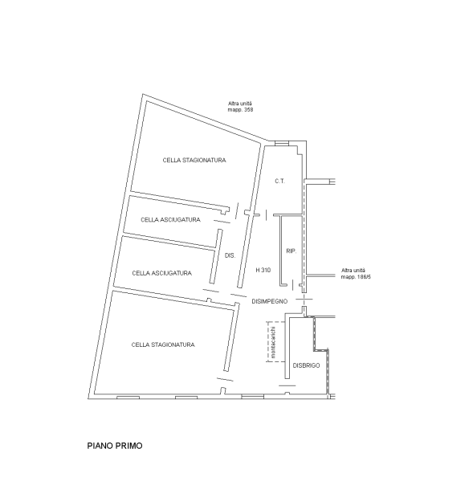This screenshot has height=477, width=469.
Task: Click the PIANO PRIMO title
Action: [x=115, y=446]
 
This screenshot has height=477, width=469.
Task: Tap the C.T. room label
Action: [x=279, y=181]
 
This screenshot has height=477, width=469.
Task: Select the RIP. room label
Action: [x=291, y=251]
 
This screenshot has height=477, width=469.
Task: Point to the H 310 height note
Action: [x=263, y=270]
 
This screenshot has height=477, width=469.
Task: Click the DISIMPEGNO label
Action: [x=270, y=301]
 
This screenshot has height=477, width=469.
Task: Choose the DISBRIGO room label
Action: [x=306, y=365]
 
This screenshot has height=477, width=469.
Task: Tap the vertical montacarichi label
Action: [x=273, y=342]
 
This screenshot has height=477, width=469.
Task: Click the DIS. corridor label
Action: [x=230, y=255]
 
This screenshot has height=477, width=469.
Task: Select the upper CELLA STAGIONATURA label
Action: [x=194, y=160]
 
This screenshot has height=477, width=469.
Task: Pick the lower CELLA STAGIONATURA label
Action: [x=163, y=344]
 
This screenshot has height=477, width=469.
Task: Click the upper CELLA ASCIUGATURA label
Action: [x=170, y=220]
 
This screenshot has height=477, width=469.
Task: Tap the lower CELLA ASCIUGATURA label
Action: [x=161, y=273]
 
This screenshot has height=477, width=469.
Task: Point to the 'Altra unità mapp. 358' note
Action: [x=240, y=107]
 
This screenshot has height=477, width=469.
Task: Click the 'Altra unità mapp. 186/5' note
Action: [x=356, y=274]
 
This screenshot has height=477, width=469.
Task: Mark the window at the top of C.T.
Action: [x=281, y=143]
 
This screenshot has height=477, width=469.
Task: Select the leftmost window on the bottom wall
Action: [x=128, y=397]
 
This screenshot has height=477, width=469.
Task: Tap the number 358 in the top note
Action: [x=248, y=109]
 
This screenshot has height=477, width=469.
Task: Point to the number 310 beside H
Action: [x=266, y=270]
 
